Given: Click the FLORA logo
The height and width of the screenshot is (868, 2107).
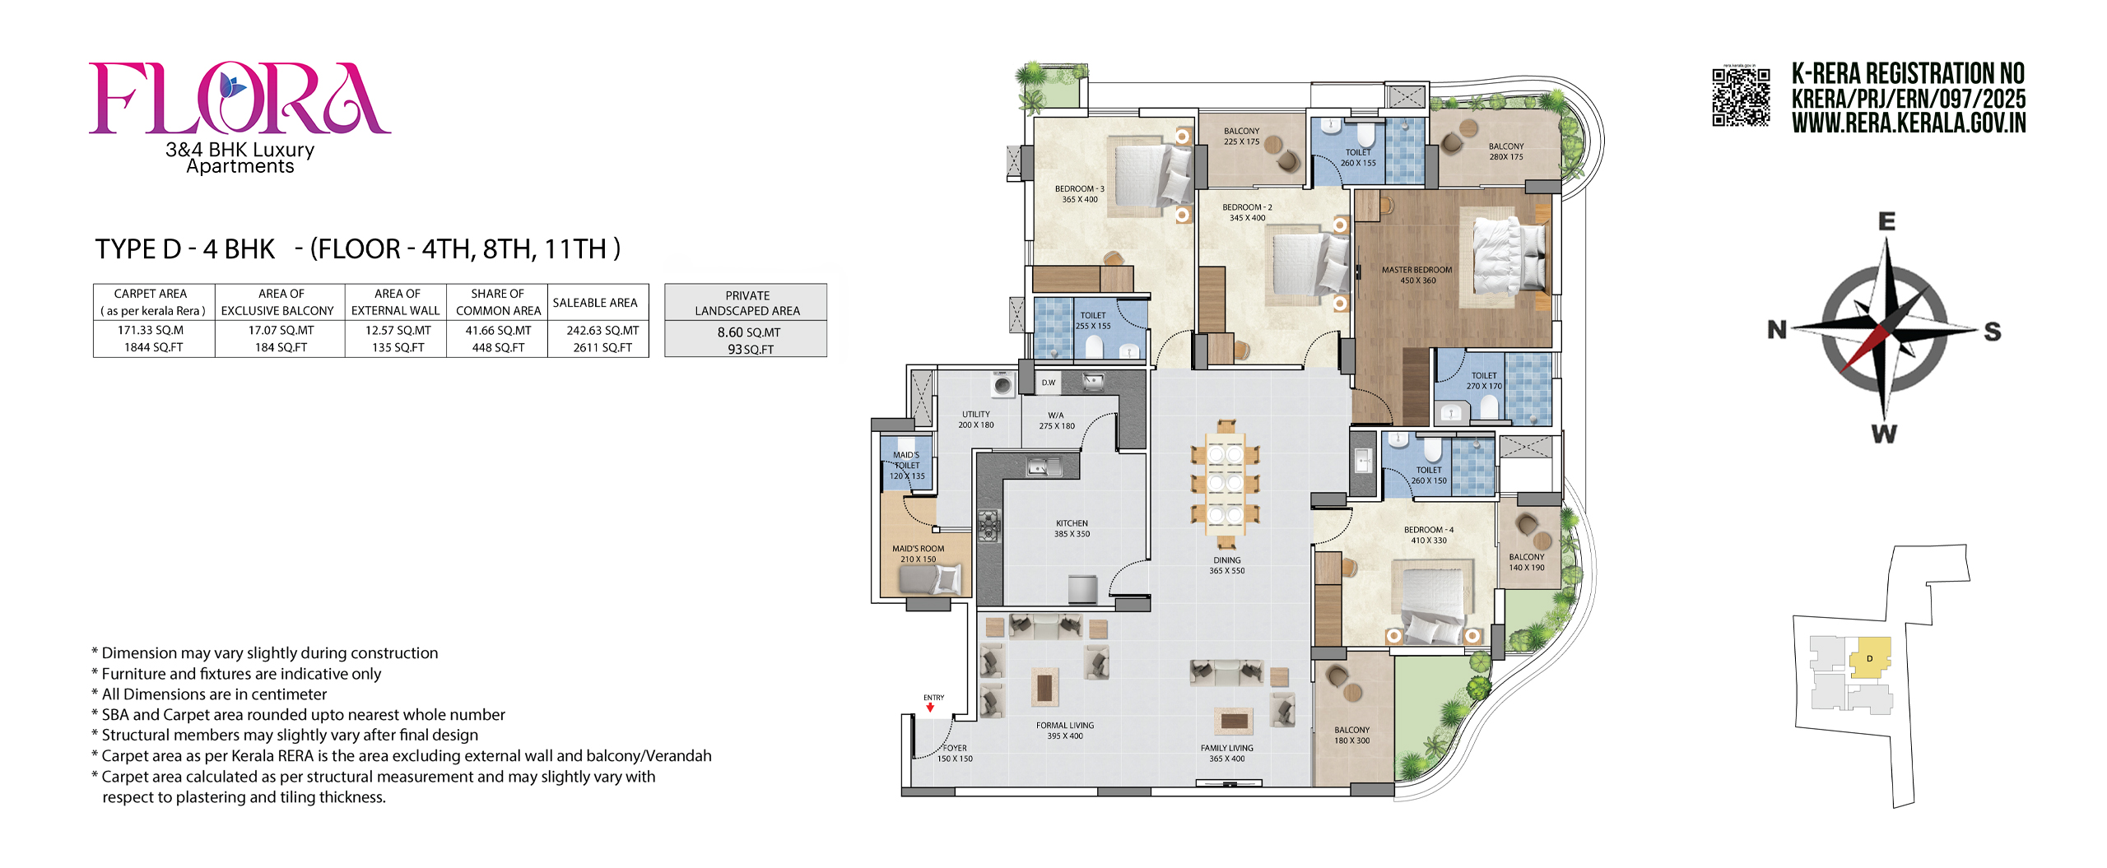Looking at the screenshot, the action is click(240, 99).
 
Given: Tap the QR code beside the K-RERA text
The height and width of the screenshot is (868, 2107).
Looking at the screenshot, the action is click(1741, 96).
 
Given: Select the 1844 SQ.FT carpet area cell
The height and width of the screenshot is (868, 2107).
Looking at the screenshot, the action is click(154, 347).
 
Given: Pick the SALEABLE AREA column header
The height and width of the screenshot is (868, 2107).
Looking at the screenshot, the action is click(595, 303).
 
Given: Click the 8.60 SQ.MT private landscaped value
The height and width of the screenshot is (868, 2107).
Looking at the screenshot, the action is click(749, 332).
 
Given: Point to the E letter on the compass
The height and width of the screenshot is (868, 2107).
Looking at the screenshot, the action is click(1886, 220).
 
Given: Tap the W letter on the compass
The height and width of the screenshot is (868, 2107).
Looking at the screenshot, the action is click(1884, 434).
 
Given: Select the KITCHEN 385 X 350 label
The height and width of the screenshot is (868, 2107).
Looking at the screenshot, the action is click(1072, 528).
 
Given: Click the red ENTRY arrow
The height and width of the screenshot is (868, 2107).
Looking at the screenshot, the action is click(930, 707).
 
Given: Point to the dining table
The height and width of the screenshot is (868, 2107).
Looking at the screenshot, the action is click(1225, 484).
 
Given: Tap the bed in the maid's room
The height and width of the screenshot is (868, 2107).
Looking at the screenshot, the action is click(930, 579).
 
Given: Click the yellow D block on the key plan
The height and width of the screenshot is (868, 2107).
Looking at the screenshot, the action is click(1870, 658).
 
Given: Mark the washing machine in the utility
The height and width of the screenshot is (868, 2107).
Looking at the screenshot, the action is click(1002, 384).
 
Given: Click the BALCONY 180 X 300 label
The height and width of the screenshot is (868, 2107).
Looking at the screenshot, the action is click(1351, 735).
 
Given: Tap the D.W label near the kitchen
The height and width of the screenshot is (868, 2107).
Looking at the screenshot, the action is click(1048, 383).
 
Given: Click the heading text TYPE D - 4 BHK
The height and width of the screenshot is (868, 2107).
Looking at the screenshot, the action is click(184, 248).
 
